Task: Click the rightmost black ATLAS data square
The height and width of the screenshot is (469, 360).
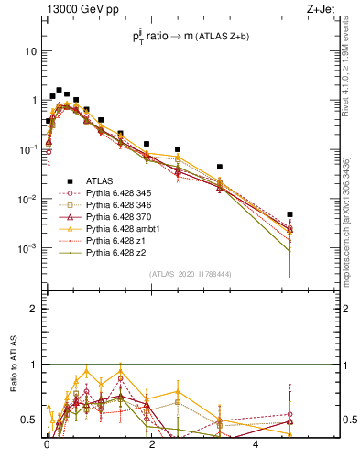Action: click(289, 214)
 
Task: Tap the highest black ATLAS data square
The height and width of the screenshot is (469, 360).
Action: click(59, 91)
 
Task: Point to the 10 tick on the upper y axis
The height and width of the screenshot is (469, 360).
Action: click(30, 51)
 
